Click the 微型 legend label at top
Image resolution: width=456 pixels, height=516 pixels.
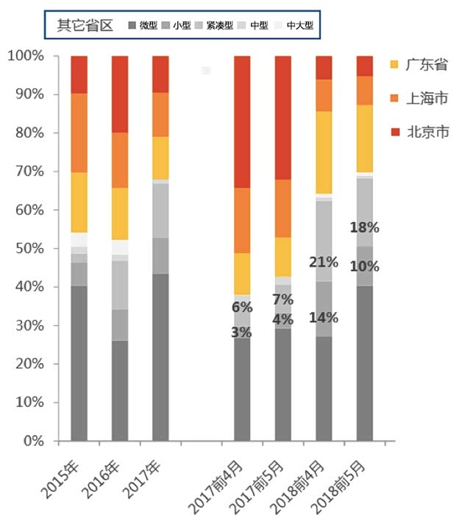tap(148, 25)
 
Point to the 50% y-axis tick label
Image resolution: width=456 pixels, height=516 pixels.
tap(28, 249)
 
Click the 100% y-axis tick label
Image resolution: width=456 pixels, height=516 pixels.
tap(25, 56)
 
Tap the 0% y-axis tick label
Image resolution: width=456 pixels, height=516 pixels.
tap(31, 442)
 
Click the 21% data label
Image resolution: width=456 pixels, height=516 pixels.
tap(324, 262)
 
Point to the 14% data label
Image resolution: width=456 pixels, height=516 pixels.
tap(324, 318)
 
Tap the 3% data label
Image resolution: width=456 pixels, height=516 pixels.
tap(242, 332)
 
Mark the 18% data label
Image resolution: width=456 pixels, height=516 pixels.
tap(364, 227)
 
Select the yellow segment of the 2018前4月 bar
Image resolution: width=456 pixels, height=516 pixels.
tap(324, 152)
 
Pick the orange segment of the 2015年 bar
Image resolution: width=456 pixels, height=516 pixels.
tap(79, 132)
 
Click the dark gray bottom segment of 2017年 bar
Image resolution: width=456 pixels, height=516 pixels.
tap(160, 357)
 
